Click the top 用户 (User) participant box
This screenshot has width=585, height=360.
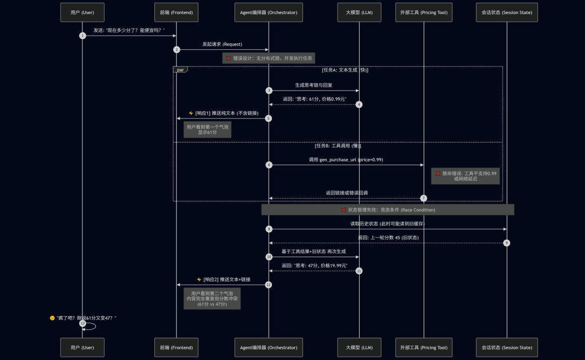point(82,12)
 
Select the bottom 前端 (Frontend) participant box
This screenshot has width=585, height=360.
point(177,348)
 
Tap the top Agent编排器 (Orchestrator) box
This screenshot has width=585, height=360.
point(269,12)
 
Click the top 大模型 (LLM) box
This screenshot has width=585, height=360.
point(359,12)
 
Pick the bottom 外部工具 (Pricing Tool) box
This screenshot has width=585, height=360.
point(424,348)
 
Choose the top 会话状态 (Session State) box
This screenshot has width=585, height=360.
point(506,12)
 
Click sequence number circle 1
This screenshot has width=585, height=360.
point(82,36)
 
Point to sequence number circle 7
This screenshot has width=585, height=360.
point(424,198)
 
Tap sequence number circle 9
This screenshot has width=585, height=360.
point(506,243)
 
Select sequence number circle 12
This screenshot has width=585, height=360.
point(268,285)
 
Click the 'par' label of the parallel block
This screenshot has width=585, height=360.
point(180,70)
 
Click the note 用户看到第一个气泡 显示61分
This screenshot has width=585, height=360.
point(207,129)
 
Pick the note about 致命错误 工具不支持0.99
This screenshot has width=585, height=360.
point(466,176)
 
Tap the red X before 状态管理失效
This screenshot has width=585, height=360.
point(343,210)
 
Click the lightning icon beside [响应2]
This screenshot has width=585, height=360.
point(199,279)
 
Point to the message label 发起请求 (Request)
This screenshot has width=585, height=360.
point(223,44)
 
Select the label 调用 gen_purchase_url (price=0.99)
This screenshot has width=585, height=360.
point(346,160)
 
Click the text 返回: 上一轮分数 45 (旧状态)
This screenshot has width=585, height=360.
point(388,238)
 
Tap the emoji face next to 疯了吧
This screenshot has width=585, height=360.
point(52,318)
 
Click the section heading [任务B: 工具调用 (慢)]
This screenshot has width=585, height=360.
point(338,146)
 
